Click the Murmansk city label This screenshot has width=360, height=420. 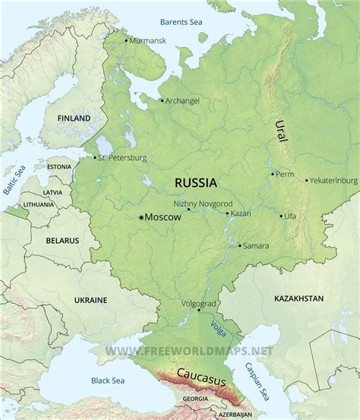[147, 39]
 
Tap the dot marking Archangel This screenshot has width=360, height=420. [161, 99]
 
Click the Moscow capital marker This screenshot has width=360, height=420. [141, 217]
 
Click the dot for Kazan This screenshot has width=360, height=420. [227, 213]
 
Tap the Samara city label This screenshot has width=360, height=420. [257, 245]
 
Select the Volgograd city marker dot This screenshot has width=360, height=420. [198, 310]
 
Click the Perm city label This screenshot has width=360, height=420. [286, 174]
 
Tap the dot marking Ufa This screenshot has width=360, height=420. [281, 216]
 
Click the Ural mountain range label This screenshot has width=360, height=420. [282, 132]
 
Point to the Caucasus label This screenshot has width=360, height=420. [201, 373]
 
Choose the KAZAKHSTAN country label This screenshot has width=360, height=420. [298, 299]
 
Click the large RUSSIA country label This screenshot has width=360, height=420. [195, 182]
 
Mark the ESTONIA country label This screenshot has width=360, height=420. [59, 166]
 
